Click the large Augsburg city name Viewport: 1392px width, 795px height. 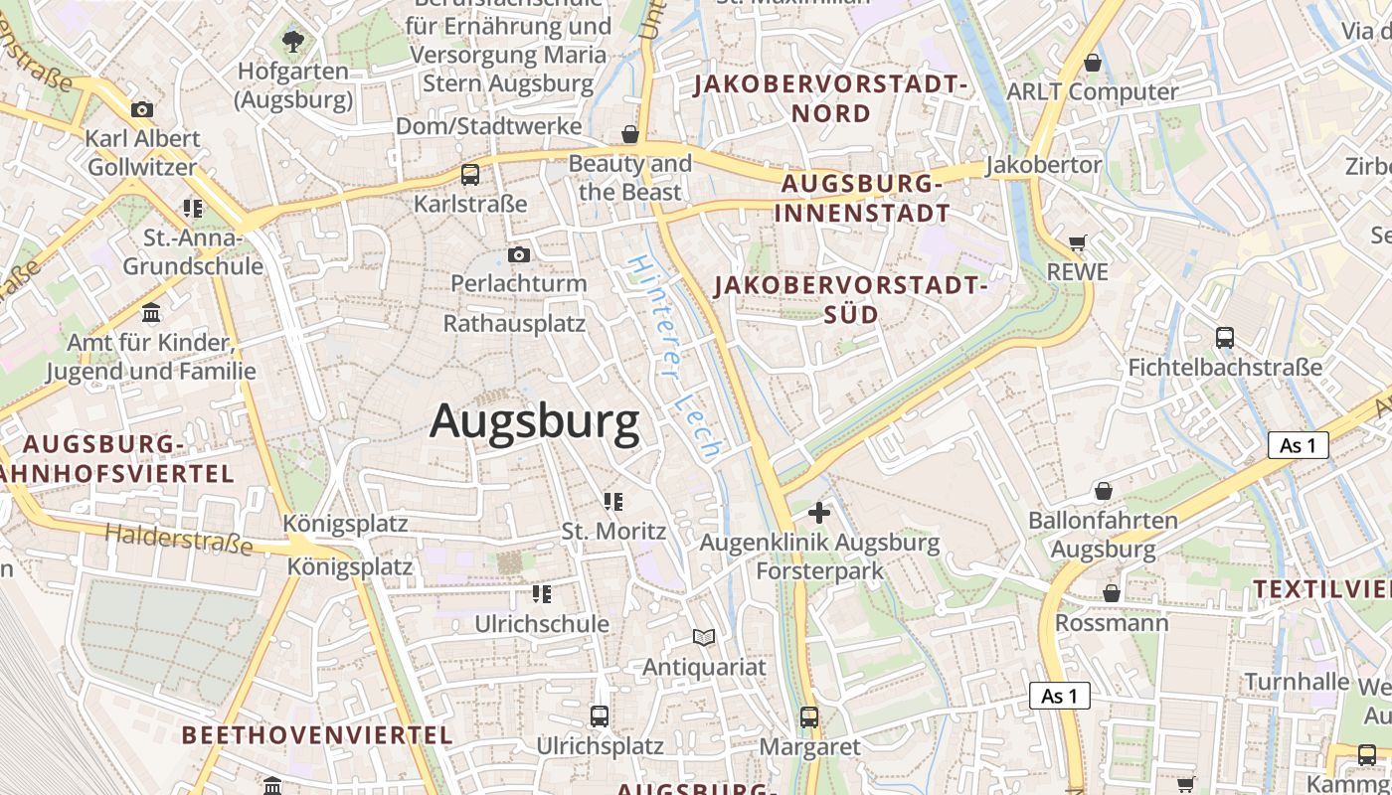(535, 422)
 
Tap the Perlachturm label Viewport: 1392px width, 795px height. (519, 284)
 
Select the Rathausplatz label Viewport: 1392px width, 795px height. (514, 324)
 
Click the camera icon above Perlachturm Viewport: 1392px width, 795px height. (519, 255)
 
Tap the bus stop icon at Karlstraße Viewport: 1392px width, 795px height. (470, 175)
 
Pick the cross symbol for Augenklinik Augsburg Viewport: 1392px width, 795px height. (819, 513)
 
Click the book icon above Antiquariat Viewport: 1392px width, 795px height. (704, 637)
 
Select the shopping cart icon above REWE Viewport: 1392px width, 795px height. (1078, 242)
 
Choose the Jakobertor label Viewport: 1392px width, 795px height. (1044, 165)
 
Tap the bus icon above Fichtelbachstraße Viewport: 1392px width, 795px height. (1225, 338)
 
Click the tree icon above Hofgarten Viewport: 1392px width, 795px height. (293, 42)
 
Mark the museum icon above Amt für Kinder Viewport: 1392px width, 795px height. (151, 313)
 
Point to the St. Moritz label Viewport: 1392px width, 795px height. (613, 531)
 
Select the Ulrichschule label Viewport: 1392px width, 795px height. (542, 624)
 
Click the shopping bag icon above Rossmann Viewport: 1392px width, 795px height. (1112, 593)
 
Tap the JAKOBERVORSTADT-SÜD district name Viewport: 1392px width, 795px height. (850, 300)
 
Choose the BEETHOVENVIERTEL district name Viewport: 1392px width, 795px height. (317, 735)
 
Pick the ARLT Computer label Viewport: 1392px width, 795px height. (1093, 92)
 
